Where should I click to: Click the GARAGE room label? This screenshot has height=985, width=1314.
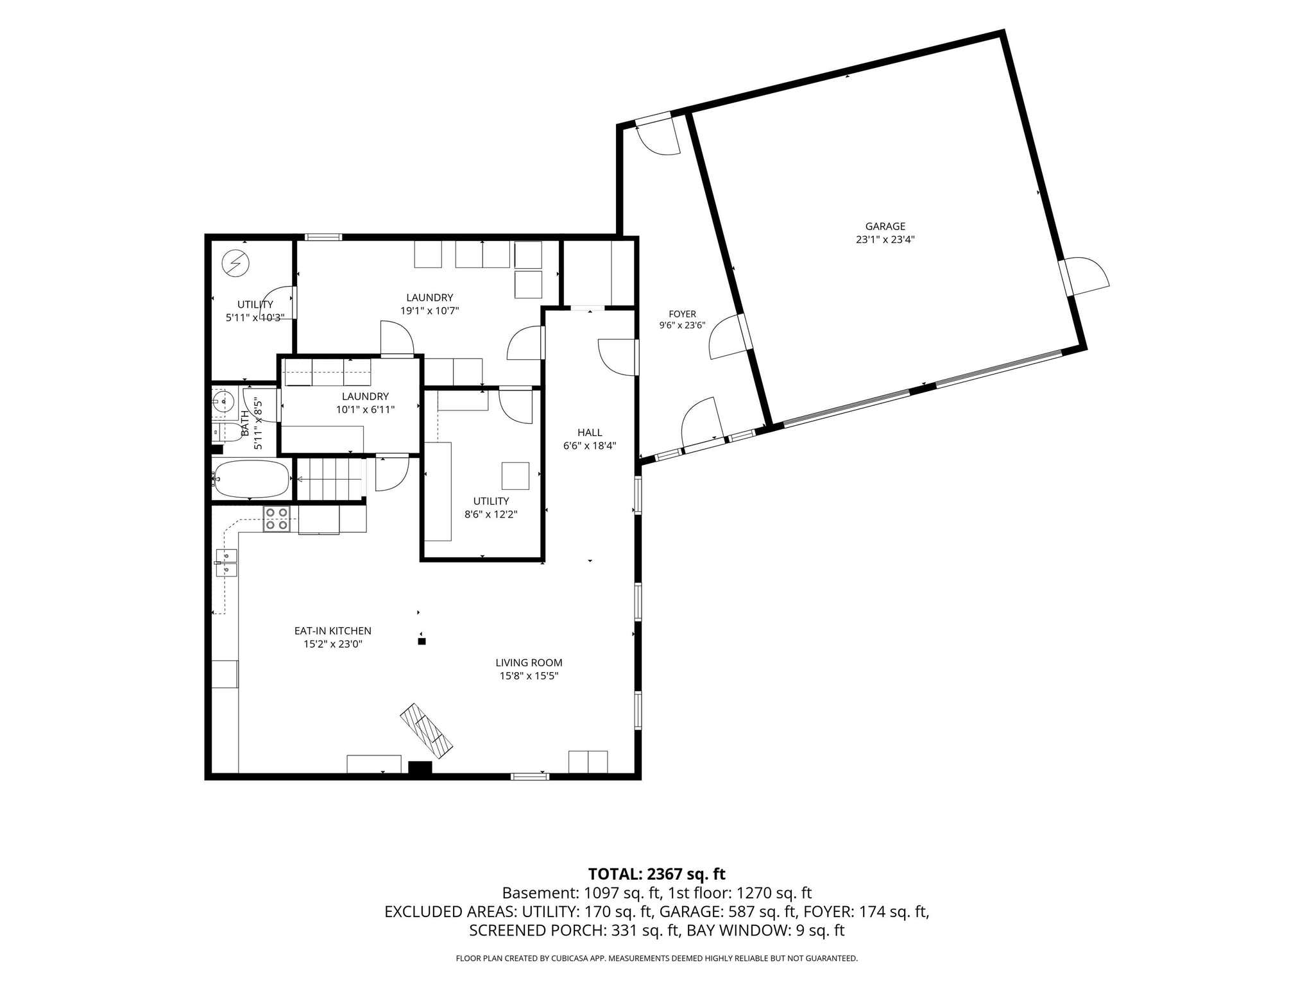pyautogui.click(x=885, y=226)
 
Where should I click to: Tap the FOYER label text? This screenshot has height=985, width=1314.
pyautogui.click(x=682, y=314)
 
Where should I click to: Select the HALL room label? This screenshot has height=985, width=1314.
pyautogui.click(x=590, y=433)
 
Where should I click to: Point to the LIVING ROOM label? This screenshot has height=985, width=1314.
pyautogui.click(x=529, y=663)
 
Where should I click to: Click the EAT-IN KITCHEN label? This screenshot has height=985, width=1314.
pyautogui.click(x=333, y=631)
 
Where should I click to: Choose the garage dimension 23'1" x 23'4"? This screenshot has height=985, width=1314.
pyautogui.click(x=885, y=240)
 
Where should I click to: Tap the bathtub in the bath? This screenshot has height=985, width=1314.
pyautogui.click(x=252, y=478)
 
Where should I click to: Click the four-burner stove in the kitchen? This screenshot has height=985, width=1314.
pyautogui.click(x=277, y=519)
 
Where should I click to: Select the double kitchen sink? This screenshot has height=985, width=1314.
pyautogui.click(x=226, y=563)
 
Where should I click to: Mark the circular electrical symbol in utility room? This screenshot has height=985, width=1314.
pyautogui.click(x=235, y=264)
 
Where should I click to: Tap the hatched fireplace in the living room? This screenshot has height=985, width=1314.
pyautogui.click(x=427, y=727)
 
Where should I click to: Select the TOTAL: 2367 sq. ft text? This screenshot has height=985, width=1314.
pyautogui.click(x=656, y=874)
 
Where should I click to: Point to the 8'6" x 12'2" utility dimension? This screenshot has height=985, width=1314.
pyautogui.click(x=491, y=514)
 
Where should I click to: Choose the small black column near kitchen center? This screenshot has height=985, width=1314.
pyautogui.click(x=422, y=641)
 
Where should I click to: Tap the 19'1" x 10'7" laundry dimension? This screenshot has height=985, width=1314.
pyautogui.click(x=429, y=311)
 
